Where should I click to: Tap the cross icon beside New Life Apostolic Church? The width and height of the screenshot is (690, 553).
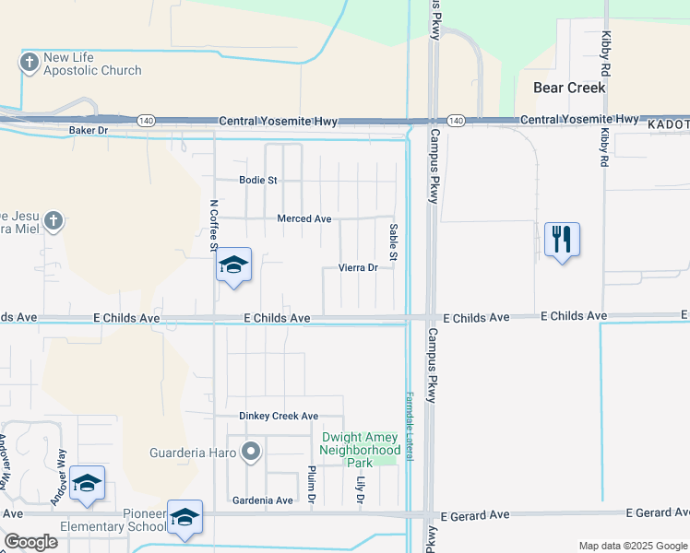[x=29, y=63]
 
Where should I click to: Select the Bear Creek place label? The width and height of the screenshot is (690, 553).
[x=569, y=88]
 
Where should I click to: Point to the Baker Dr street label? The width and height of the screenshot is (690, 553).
[x=89, y=131]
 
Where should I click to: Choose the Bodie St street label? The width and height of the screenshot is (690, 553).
[x=257, y=180]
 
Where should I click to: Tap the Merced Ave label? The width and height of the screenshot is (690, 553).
[x=303, y=218]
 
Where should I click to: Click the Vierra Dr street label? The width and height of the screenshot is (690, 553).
[x=358, y=267]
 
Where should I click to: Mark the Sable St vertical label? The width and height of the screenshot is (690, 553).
[x=393, y=242]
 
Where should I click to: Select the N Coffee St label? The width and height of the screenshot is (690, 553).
[x=213, y=225]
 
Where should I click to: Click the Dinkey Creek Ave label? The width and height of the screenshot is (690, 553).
[x=279, y=416]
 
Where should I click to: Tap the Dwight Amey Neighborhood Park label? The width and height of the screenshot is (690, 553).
[x=359, y=450]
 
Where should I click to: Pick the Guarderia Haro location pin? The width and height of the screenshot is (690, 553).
[x=250, y=452]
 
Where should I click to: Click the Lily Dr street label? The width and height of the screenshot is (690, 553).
[x=361, y=489]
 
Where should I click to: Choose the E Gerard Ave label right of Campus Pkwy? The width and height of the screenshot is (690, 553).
[x=475, y=515]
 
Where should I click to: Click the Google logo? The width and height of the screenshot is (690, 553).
[x=30, y=542]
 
